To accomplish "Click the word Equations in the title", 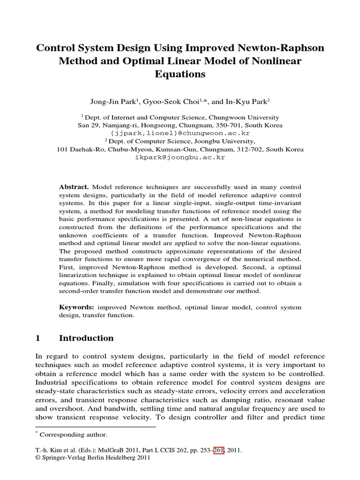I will tap(180, 74).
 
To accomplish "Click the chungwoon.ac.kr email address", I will tap(180, 133).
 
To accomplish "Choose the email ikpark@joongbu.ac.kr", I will tap(180, 157).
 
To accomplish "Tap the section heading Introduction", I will tap(86, 338).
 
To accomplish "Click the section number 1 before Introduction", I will tap(38, 338).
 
